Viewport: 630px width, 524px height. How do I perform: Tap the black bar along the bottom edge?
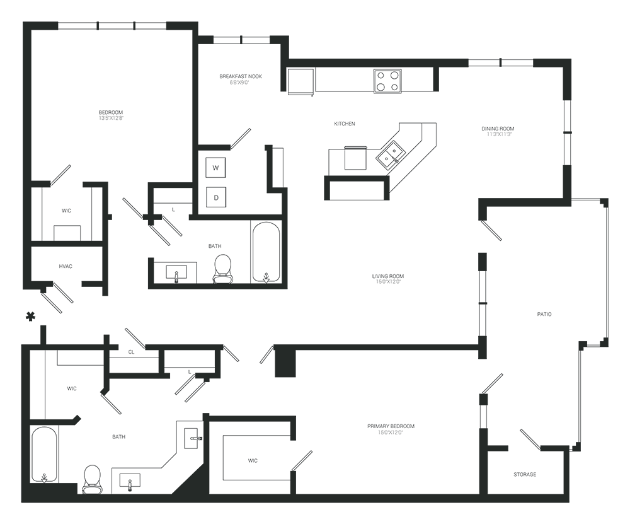pos(315,513)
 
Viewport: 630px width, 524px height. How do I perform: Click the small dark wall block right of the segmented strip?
pos(284,364)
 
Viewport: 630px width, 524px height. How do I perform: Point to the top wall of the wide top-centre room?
pos(359,67)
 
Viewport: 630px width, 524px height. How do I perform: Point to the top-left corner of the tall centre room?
pos(331,201)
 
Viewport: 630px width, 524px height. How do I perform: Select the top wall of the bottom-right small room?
pos(532,449)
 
